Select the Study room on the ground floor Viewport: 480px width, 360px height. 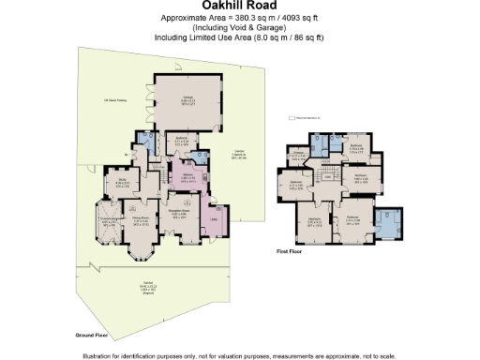123,182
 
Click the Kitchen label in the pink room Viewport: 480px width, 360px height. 187,175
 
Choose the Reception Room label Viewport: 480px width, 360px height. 181,213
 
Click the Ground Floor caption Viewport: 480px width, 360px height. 94,334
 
